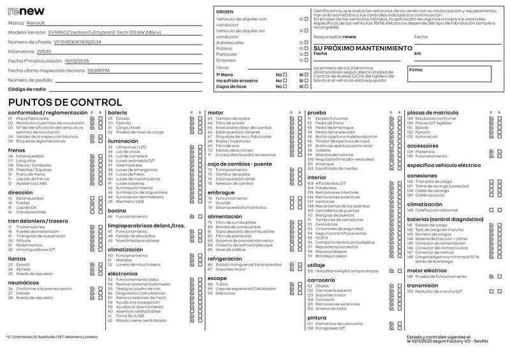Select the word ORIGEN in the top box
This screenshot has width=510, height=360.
[224, 12]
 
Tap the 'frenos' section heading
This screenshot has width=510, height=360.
[17, 150]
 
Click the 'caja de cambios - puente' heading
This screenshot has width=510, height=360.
[240, 164]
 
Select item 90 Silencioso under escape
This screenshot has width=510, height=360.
[226, 293]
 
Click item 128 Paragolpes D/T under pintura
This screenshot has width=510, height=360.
[330, 328]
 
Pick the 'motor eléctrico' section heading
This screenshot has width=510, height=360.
[428, 270]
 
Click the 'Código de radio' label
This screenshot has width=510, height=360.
[27, 89]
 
